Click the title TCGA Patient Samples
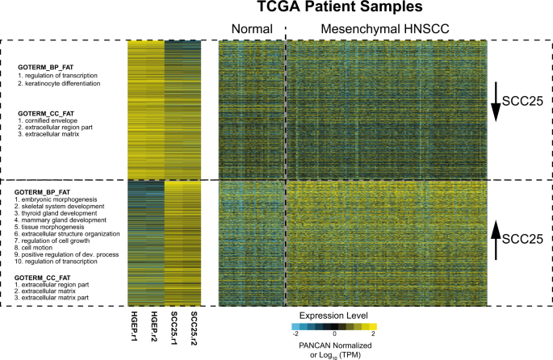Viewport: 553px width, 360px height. coord(340,7)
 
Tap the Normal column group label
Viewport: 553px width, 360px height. coord(252,29)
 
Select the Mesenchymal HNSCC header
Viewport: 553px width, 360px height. coord(385,29)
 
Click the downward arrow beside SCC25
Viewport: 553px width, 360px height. coord(496,102)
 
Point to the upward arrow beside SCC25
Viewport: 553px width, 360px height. coord(496,240)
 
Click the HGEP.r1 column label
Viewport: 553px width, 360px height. coord(134,327)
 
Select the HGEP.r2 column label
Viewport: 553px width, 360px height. coord(154,327)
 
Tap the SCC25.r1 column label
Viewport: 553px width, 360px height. coord(174,328)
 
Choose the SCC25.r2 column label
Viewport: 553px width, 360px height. coord(194,328)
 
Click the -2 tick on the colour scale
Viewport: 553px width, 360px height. coord(295,333)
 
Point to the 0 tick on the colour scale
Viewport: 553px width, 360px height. coord(334,333)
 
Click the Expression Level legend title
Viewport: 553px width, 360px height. coord(333,316)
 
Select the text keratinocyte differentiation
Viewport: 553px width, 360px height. coord(62,84)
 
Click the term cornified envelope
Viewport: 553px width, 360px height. coord(51,120)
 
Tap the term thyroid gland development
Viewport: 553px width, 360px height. coord(59,213)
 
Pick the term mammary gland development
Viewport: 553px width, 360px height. coord(64,220)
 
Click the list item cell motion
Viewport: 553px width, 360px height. coord(37,248)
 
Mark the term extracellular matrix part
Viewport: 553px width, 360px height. coord(55,298)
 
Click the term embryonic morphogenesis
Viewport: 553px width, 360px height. coord(59,199)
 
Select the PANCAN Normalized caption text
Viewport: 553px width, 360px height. coord(335,345)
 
